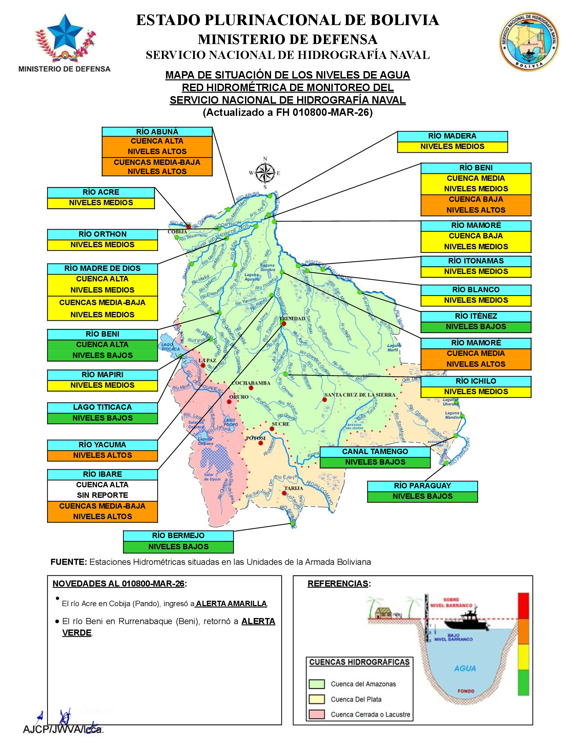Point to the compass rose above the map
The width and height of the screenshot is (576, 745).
point(265,173)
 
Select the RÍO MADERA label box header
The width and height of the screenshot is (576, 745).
point(452,136)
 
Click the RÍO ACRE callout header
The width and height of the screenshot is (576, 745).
point(101,192)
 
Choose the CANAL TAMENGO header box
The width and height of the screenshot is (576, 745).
point(375,452)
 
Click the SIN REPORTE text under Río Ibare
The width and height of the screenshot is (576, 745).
point(102,495)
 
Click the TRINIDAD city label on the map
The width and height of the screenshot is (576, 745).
point(294,318)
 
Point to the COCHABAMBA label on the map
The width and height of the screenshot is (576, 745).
point(251,383)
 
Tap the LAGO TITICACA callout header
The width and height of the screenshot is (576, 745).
point(102,407)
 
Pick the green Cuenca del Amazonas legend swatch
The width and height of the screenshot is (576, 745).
point(316,684)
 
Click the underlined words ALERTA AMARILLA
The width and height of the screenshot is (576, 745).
point(231,603)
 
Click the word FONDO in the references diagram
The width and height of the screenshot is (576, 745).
point(466,691)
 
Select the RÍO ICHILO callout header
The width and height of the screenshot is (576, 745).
point(476,381)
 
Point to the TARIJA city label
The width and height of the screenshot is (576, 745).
point(293,488)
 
